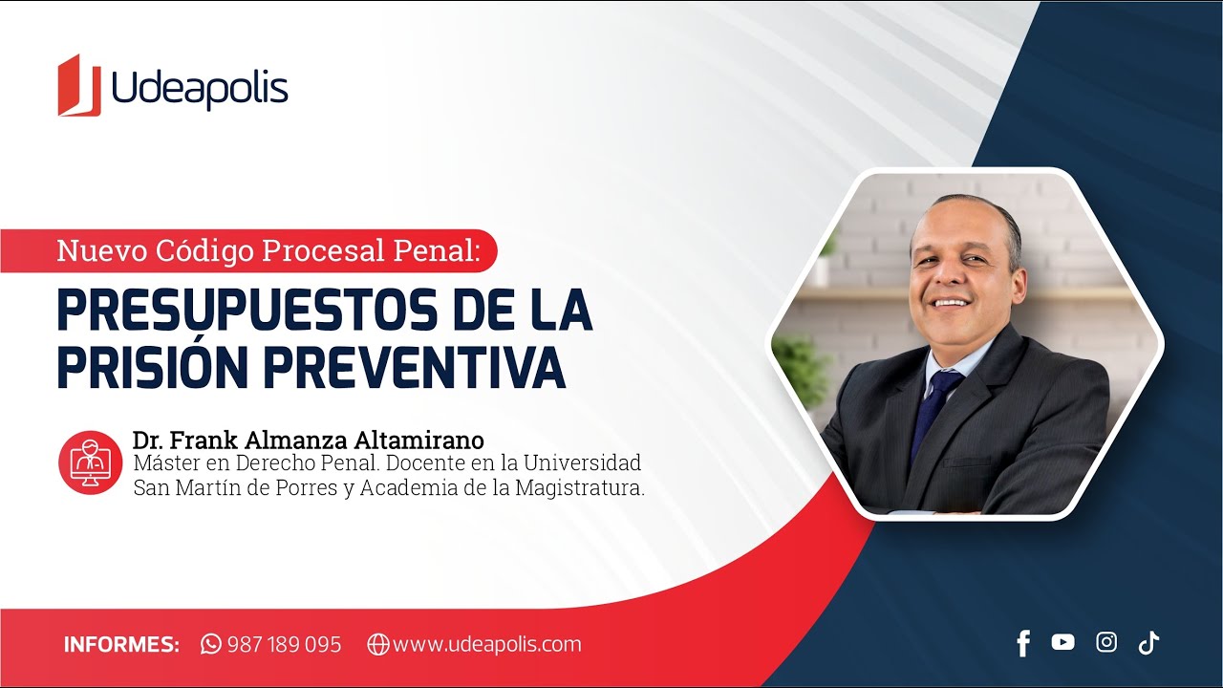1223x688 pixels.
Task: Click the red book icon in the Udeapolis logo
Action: click(x=79, y=86)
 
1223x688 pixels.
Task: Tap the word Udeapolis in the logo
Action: click(x=200, y=90)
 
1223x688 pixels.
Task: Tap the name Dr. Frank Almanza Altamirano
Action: click(x=309, y=441)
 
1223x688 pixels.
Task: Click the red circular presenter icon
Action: click(x=91, y=462)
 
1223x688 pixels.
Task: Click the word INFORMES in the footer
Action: click(x=121, y=644)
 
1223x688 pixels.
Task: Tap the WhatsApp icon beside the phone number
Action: click(x=211, y=644)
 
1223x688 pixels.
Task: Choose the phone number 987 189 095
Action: click(x=284, y=644)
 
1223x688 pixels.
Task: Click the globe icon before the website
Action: click(x=378, y=644)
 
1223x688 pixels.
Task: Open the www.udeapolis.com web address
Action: click(x=486, y=644)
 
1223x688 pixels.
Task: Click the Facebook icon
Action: click(x=1023, y=643)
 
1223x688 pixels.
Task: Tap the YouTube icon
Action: click(x=1062, y=642)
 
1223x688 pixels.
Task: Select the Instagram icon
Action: click(x=1106, y=642)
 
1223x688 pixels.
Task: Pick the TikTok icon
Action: click(x=1148, y=642)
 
